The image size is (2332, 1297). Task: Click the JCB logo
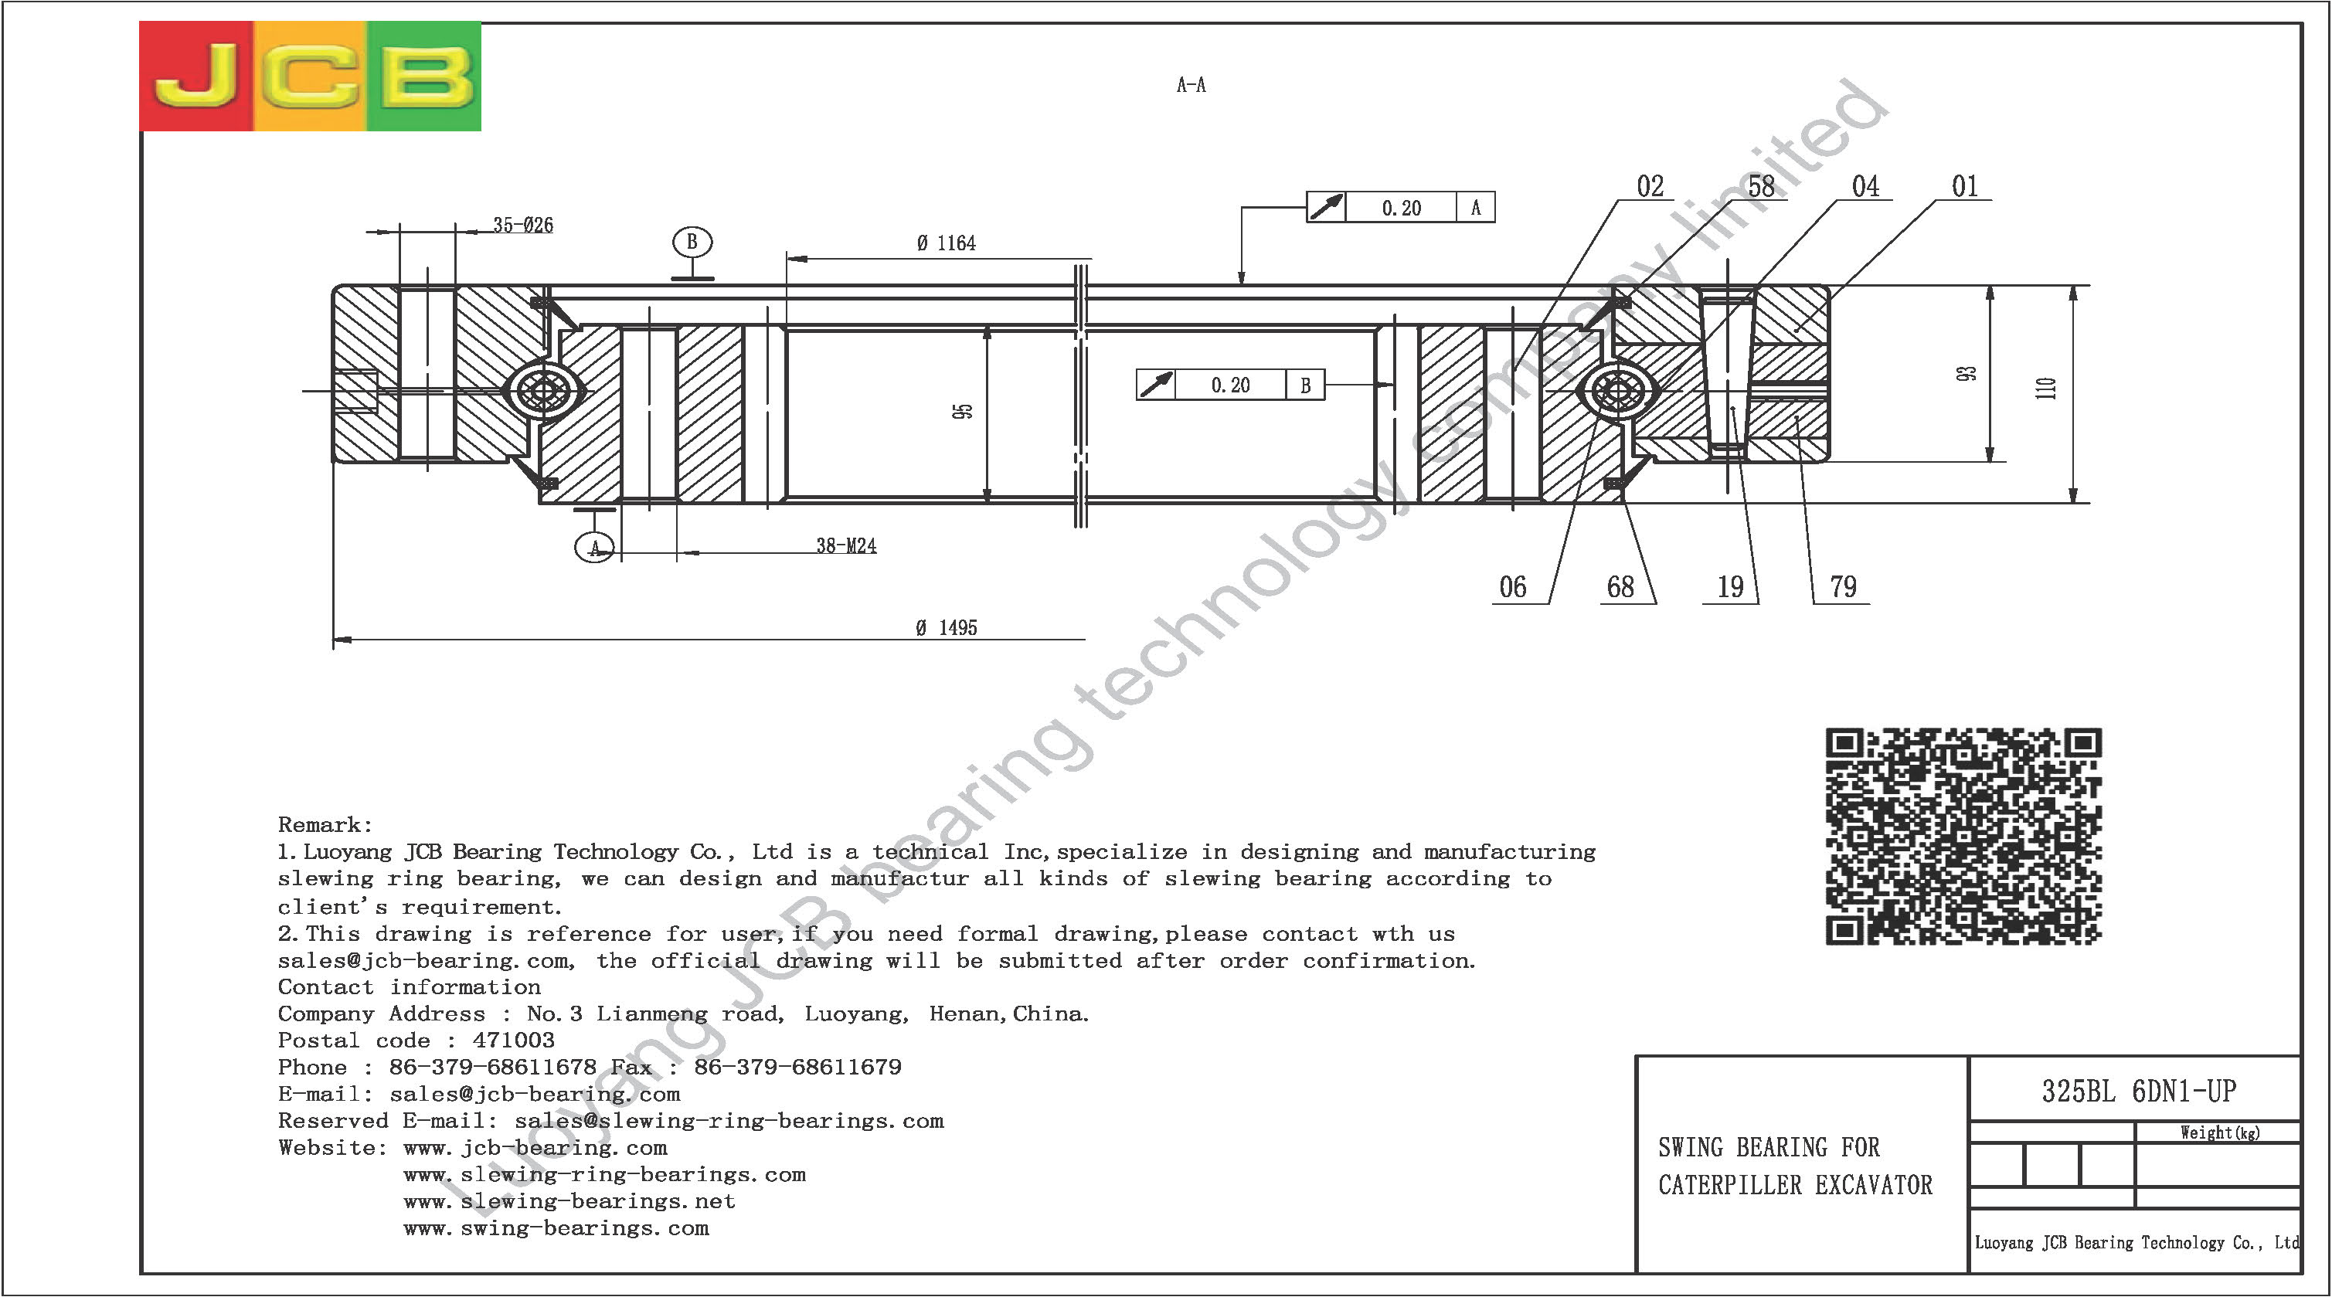[x=310, y=76]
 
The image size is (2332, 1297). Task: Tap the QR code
[x=1963, y=837]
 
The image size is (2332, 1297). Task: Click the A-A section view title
[x=1191, y=85]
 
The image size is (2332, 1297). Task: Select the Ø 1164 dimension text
[x=946, y=243]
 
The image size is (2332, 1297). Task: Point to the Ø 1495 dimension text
[x=947, y=627]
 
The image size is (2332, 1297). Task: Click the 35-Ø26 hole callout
[x=523, y=225]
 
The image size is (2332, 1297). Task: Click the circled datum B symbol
[x=692, y=243]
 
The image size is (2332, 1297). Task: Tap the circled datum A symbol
[x=595, y=548]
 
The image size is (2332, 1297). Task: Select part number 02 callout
[x=1650, y=186]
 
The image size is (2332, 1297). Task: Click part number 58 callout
[x=1761, y=186]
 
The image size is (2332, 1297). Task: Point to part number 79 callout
[x=1843, y=586]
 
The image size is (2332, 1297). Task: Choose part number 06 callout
[x=1513, y=586]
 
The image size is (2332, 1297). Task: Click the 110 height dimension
[x=2046, y=389]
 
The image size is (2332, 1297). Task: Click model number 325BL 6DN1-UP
[x=2139, y=1091]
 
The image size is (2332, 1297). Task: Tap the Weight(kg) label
[x=2220, y=1132]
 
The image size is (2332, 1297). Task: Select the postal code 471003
[x=513, y=1041]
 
